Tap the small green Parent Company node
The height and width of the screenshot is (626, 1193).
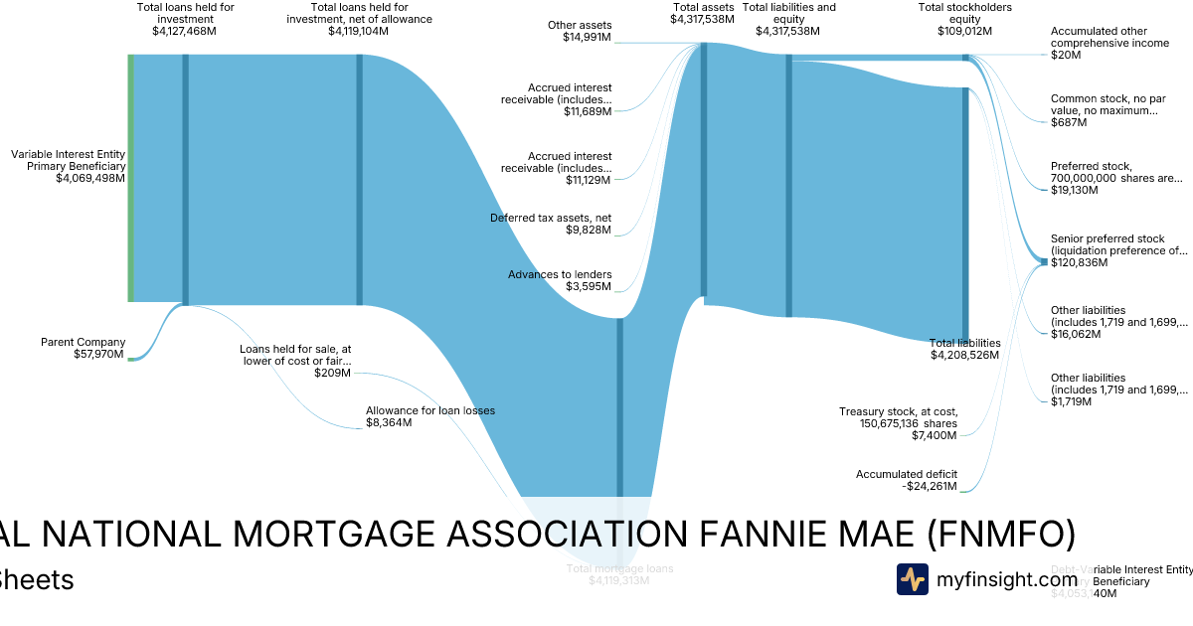click(x=129, y=358)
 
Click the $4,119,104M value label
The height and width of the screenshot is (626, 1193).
click(x=359, y=31)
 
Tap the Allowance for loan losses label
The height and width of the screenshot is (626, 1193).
click(x=429, y=416)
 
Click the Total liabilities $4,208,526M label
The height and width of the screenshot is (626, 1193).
click(x=964, y=349)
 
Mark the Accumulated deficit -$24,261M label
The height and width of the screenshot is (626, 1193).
click(x=906, y=480)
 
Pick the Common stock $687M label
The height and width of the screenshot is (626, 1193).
click(x=1104, y=110)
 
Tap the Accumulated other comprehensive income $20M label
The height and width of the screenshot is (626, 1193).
click(x=1109, y=43)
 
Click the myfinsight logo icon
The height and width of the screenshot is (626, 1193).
click(x=912, y=579)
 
